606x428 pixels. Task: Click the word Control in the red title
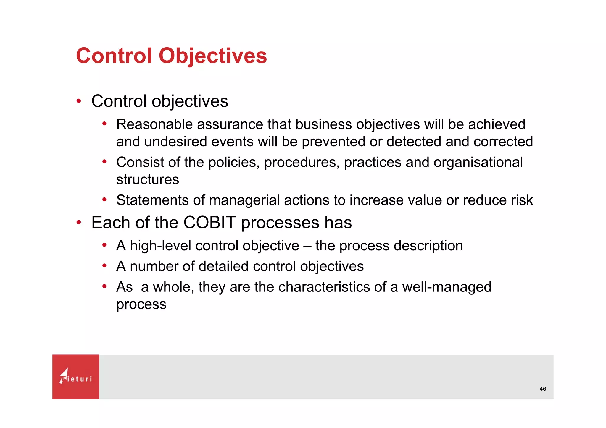(114, 56)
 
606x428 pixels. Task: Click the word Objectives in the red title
(213, 56)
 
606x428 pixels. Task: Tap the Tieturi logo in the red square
(76, 377)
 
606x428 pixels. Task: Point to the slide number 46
(543, 389)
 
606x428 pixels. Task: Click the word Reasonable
(154, 124)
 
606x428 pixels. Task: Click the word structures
(147, 179)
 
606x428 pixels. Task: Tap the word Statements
(152, 200)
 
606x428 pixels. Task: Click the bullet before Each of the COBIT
(78, 222)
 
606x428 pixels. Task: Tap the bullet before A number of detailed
(104, 266)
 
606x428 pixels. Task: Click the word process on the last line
(141, 304)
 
